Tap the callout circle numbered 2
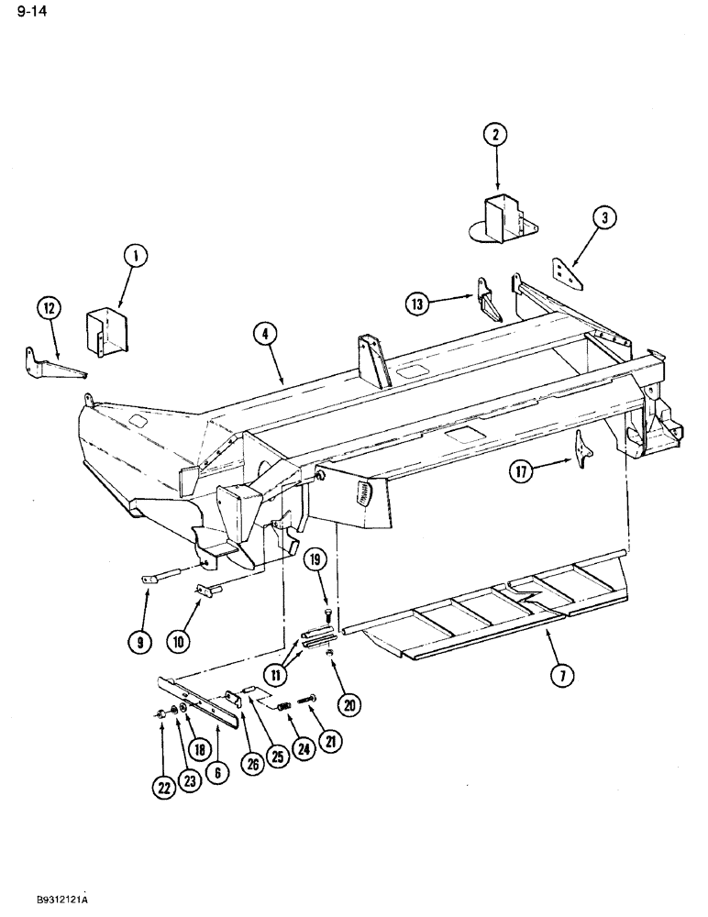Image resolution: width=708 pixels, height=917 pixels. coord(495,135)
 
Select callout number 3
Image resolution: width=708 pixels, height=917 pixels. coord(604,217)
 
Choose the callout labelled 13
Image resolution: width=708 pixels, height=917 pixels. coord(417,303)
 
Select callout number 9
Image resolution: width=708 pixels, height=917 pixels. coord(140,643)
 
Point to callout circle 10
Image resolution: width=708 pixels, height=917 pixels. coord(177,643)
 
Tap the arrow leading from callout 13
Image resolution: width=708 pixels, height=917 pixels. coord(451,300)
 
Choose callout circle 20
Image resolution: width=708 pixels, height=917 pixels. coord(348,704)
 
